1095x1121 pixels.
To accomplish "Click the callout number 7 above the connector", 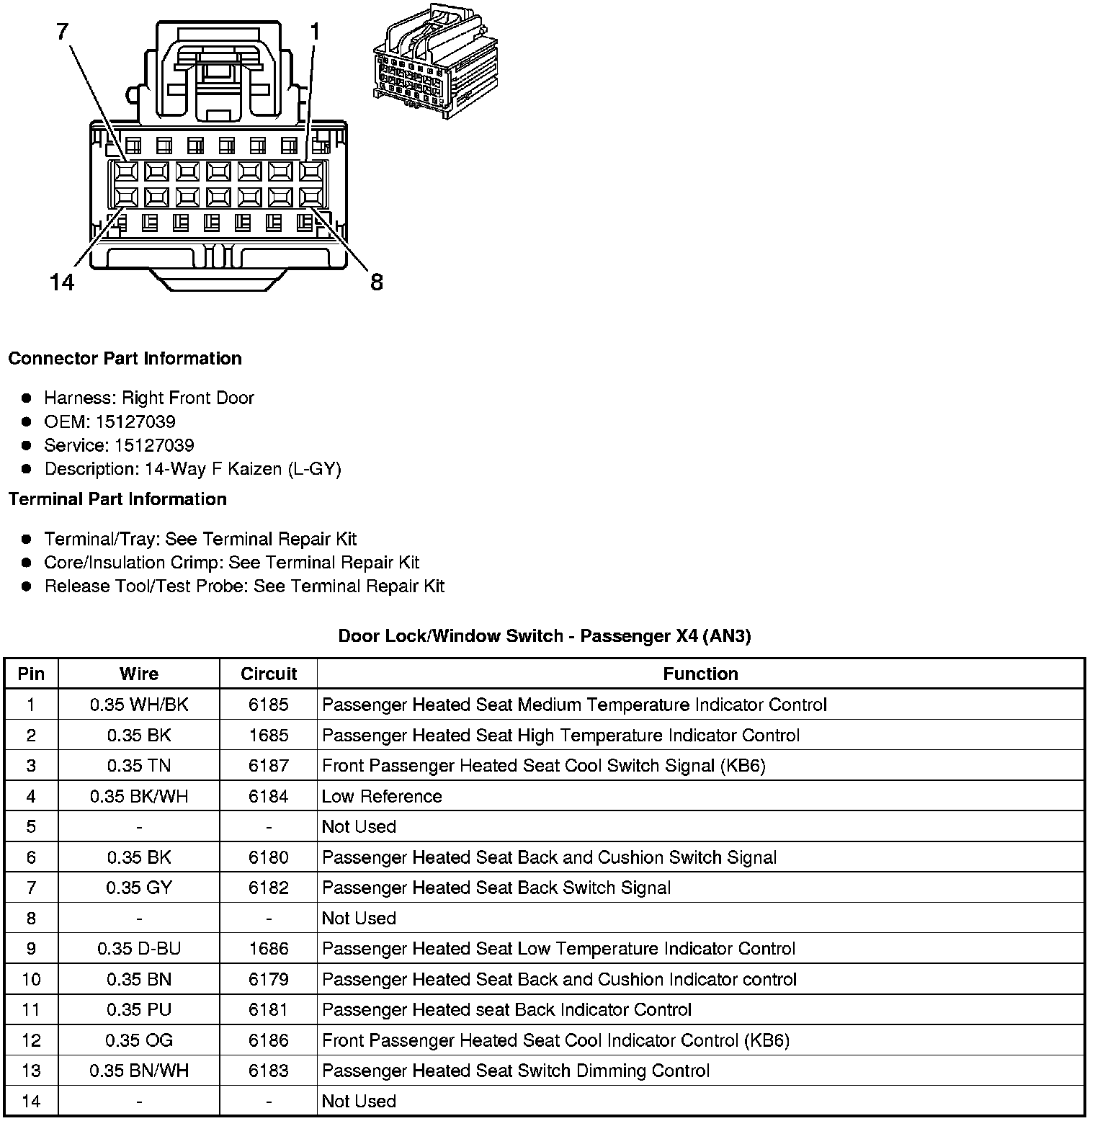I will (x=63, y=32).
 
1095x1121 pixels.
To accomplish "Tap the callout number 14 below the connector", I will (x=62, y=282).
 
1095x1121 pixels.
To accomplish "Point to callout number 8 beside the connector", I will (x=377, y=282).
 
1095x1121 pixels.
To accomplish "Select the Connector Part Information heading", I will (x=125, y=359).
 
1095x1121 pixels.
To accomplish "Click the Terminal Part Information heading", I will (x=117, y=499).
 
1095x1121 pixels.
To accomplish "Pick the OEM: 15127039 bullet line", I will (x=109, y=421).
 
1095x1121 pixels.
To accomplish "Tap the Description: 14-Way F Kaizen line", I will (x=192, y=469).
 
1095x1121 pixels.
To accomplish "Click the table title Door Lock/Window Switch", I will (x=545, y=636).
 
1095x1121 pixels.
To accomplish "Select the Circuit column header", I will (x=269, y=674).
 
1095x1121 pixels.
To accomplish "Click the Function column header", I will (x=700, y=674).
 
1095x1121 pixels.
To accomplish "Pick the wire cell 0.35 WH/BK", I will (x=139, y=705).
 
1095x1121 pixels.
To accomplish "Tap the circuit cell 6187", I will (x=269, y=766).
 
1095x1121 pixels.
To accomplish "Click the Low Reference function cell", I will (x=382, y=796).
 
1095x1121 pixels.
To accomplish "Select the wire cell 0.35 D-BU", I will (x=139, y=949).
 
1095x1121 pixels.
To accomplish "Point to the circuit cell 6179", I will (x=269, y=979).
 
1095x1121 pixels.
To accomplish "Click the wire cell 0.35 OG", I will (x=139, y=1040).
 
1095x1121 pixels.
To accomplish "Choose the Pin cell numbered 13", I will (x=31, y=1071).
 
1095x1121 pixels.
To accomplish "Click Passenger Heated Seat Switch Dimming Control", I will (x=516, y=1071).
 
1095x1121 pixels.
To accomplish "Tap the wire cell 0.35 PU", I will (x=139, y=1010).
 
